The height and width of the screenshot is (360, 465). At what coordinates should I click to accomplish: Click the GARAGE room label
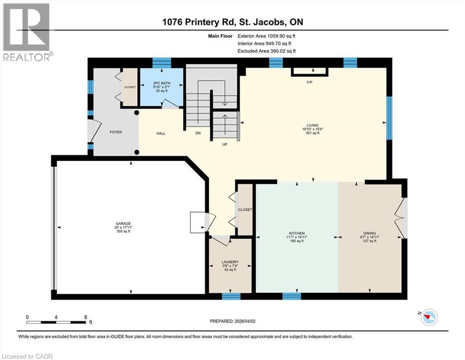(x=123, y=223)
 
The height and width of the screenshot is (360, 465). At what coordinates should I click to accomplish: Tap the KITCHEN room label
(x=297, y=233)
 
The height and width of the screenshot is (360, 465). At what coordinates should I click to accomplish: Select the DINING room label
(x=369, y=233)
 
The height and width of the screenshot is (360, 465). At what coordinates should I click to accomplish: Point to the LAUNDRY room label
(x=230, y=262)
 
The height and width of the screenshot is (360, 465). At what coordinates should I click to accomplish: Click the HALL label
(x=161, y=134)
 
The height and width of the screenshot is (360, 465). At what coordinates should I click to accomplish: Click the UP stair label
(x=224, y=144)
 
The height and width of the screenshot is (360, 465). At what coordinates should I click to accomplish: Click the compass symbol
(x=428, y=318)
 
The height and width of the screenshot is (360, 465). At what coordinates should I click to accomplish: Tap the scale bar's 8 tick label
(x=85, y=317)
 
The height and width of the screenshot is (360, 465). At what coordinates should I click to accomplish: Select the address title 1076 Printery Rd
(x=232, y=22)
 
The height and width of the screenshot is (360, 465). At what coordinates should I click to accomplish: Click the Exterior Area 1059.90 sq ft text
(x=266, y=36)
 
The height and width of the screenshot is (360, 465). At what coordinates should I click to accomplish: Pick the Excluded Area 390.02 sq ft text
(x=266, y=51)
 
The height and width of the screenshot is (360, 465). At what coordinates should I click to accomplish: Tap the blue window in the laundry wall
(x=231, y=296)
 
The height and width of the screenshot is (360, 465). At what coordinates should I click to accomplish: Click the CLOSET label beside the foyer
(x=129, y=87)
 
